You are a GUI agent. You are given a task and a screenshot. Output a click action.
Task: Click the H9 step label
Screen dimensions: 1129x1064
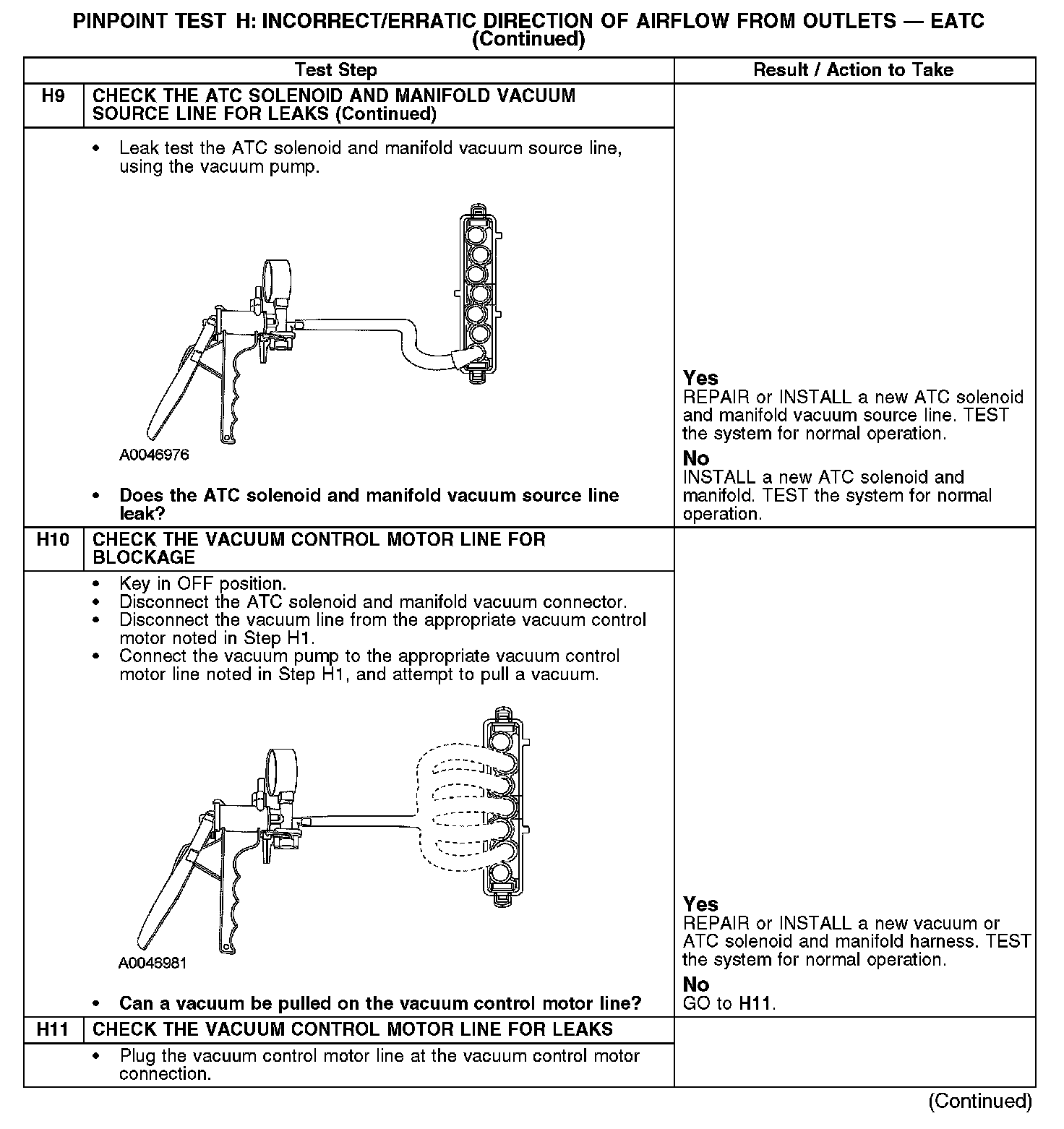click(53, 96)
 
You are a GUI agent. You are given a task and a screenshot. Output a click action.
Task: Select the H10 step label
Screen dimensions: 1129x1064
click(53, 539)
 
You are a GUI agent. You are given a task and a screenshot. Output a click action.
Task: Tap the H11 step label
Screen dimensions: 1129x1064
click(53, 1029)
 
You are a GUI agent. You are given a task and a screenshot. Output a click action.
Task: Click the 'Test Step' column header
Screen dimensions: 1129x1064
click(336, 70)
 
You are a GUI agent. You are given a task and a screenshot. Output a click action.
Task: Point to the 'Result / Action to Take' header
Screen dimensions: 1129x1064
click(853, 70)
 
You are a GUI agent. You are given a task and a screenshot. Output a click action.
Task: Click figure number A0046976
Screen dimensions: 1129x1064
click(154, 455)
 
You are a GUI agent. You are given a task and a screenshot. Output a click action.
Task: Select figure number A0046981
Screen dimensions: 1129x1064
click(153, 963)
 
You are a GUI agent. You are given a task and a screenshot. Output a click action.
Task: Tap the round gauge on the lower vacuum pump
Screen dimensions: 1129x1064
click(278, 767)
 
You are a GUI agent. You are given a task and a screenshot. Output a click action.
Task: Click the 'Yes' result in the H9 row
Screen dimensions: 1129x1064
click(700, 378)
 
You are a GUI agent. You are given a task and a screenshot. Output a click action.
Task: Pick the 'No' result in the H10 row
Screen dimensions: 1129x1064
click(696, 984)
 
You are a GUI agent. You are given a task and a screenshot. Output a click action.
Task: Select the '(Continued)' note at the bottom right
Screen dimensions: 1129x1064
click(981, 1101)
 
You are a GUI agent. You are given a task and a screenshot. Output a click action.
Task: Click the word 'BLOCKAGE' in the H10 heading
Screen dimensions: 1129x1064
click(144, 557)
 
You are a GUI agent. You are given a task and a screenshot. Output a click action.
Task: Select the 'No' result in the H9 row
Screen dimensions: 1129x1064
click(696, 458)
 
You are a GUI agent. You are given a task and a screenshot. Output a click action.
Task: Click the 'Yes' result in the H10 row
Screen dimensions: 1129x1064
click(700, 904)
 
